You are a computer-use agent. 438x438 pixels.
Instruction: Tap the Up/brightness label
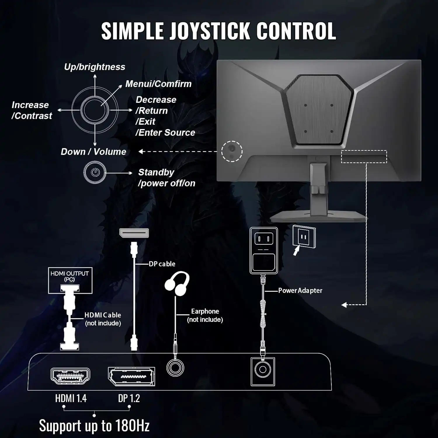click(x=95, y=67)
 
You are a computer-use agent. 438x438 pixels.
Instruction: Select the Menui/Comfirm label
click(x=158, y=84)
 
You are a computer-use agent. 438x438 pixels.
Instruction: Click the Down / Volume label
click(x=93, y=152)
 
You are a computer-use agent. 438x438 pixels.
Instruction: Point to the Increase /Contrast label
click(x=32, y=110)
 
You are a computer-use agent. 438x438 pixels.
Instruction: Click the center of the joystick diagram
click(x=95, y=110)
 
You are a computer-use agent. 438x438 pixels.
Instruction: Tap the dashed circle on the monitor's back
click(x=232, y=151)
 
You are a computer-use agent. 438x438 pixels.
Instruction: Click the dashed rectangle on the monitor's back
click(x=364, y=157)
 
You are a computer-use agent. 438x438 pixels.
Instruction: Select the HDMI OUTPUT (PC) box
click(x=70, y=280)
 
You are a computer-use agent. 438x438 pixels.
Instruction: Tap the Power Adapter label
click(x=300, y=291)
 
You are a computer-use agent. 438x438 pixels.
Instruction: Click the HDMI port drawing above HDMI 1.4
click(x=70, y=376)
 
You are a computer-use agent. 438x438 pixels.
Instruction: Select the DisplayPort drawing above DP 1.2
click(x=131, y=376)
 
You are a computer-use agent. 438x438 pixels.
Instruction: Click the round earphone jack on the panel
click(x=175, y=368)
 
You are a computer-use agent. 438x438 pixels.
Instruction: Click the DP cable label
click(x=162, y=264)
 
